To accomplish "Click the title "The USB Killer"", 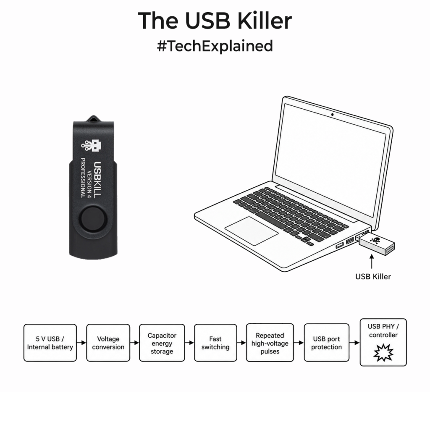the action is [215, 21].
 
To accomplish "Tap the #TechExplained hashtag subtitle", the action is [215, 46].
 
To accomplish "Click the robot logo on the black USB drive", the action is [92, 145].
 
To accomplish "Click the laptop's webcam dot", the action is [333, 114].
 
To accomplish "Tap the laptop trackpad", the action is [252, 231].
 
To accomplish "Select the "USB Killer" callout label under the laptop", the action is [373, 276].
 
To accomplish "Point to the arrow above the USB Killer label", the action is [372, 262].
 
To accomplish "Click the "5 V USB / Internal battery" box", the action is [50, 343].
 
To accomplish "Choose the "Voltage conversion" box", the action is [108, 343].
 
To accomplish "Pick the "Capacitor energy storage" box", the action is [162, 343].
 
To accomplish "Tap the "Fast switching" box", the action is [215, 343].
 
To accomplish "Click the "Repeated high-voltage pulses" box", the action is [270, 343].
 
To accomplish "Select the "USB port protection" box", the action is [326, 343].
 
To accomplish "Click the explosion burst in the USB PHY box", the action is [383, 353].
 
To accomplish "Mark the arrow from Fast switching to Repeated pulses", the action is [241, 343].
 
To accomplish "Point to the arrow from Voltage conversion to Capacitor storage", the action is [134, 343].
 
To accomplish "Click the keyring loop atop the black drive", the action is [94, 118].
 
